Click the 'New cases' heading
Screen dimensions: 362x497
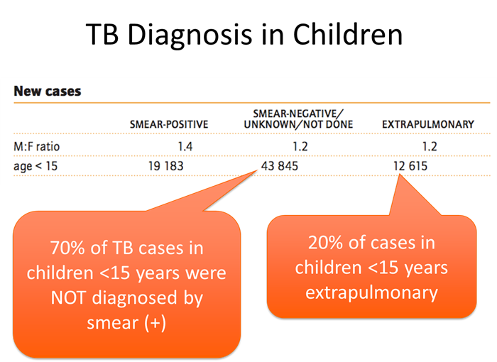pos(48,92)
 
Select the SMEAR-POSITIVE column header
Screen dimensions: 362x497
pos(169,124)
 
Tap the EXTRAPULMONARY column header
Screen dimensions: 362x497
pos(428,124)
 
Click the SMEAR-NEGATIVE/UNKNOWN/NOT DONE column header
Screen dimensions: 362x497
pos(302,119)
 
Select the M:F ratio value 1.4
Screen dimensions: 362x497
pos(186,146)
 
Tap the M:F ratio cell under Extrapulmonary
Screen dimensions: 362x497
pos(428,146)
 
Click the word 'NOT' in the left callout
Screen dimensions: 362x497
pos(70,298)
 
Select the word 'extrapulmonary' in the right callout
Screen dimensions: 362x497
pos(371,291)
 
